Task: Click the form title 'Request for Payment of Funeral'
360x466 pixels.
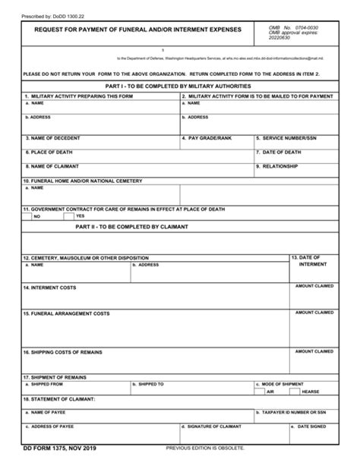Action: point(132,30)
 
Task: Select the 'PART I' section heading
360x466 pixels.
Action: point(179,87)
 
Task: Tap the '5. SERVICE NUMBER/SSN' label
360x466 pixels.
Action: point(286,139)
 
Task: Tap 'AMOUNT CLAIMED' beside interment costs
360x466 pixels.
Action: point(314,285)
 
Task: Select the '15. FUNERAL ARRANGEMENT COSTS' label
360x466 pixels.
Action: point(61,313)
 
